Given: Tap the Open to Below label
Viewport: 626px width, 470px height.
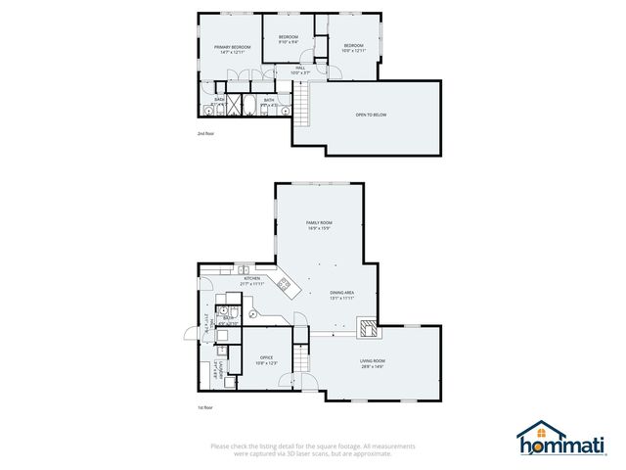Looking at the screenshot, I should coord(371,116).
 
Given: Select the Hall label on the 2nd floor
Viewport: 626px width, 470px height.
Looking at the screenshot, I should coord(300,70).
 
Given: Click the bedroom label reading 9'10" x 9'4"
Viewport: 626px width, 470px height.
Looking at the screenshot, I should coord(289,40).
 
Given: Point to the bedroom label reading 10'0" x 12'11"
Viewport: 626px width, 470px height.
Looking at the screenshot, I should coord(353,48).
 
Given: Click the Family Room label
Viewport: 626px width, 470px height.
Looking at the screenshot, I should coord(320,226).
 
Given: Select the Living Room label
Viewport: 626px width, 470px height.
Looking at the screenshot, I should coord(373,364).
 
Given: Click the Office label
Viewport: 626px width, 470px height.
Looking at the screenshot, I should coord(266,360).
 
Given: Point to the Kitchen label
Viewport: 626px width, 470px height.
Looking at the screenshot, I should coord(252,281).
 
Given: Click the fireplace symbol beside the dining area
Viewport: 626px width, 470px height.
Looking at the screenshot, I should coord(366,326).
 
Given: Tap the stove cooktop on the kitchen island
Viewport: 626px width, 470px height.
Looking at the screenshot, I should coord(285,286).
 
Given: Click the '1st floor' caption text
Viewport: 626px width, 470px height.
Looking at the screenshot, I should coord(204,407).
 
